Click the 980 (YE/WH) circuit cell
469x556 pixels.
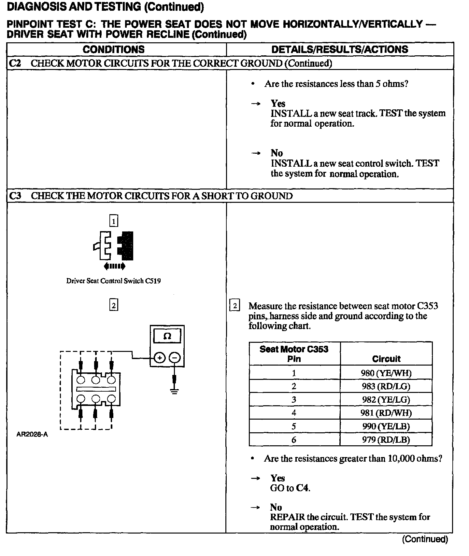coord(386,373)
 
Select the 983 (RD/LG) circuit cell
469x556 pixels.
coord(386,386)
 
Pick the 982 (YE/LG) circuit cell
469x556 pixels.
coord(386,400)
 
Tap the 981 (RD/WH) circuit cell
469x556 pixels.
coord(386,413)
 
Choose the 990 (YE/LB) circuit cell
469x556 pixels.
coord(386,426)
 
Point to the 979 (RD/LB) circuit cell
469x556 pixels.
coord(386,440)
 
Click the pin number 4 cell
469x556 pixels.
coord(294,413)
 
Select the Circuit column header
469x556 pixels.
coord(386,359)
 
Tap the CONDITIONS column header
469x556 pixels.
coord(113,49)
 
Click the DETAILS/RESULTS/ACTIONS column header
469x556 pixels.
coord(339,49)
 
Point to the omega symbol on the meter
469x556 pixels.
coord(167,336)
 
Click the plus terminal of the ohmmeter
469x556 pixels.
coord(159,358)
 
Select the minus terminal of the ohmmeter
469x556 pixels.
coord(175,358)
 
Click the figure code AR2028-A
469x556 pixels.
coord(32,435)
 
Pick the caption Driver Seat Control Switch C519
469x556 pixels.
coord(113,281)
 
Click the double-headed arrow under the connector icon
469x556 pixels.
coord(114,267)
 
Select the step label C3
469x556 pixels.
coord(15,196)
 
